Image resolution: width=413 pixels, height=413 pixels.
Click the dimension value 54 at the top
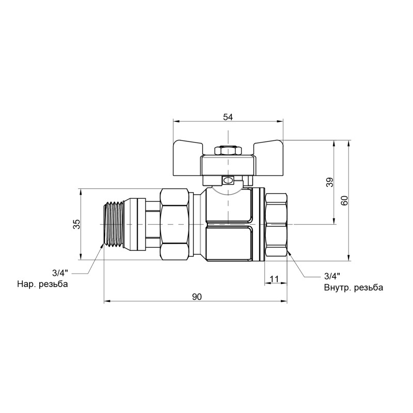(228, 117)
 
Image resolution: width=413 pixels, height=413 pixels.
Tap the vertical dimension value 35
(76, 224)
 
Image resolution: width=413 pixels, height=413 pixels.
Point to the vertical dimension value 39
(330, 182)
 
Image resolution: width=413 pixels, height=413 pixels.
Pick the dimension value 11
(274, 279)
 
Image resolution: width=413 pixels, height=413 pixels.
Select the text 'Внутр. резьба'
(354, 288)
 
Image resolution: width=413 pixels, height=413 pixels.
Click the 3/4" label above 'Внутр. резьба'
(332, 276)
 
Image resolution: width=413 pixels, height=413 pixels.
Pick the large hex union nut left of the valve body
(175, 224)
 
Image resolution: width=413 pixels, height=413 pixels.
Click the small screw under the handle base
(228, 181)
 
